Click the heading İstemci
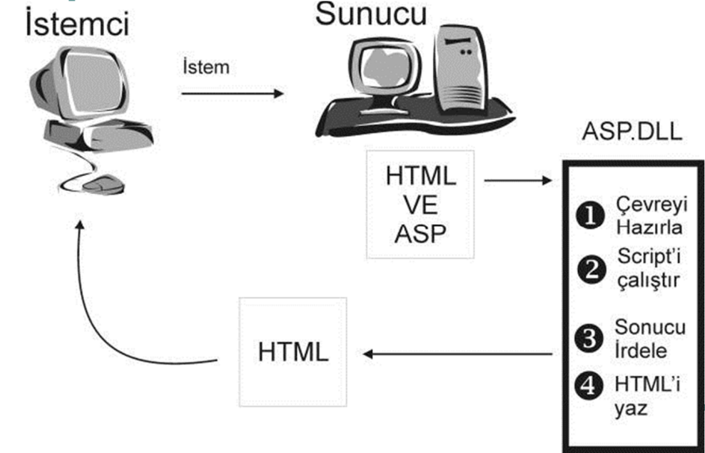tap(77, 25)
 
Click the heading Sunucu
tap(370, 13)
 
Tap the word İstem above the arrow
tap(205, 67)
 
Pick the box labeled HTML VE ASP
tap(420, 204)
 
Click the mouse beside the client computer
tap(99, 185)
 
